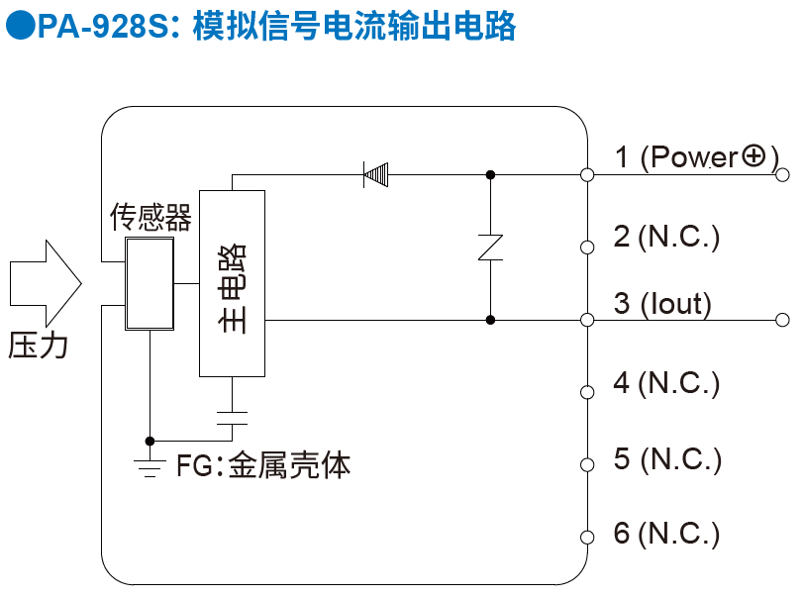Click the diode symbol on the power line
[x=376, y=175]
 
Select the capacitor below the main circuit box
[x=232, y=416]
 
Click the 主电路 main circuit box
[x=232, y=282]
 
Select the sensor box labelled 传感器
[x=149, y=283]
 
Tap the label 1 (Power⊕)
[x=696, y=156]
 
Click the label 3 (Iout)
[x=662, y=303]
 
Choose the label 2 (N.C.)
[x=666, y=236]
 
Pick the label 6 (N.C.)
[x=666, y=534]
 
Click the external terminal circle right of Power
[x=783, y=175]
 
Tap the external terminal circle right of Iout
[x=783, y=320]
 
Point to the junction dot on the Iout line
[x=491, y=320]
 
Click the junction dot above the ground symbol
[x=150, y=441]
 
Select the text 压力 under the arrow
[x=39, y=345]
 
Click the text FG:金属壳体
[x=263, y=465]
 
